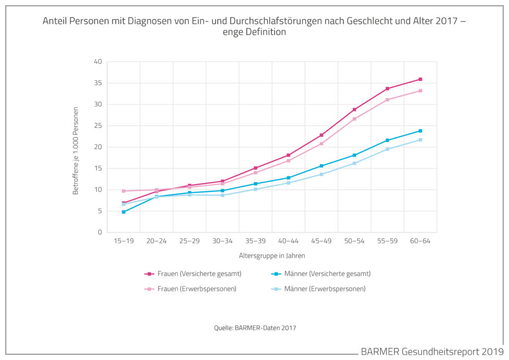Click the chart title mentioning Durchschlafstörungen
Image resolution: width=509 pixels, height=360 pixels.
254,26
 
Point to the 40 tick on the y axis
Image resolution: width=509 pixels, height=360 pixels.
97,62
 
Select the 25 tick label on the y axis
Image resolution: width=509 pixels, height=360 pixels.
97,126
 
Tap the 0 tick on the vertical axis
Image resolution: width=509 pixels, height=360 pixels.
99,232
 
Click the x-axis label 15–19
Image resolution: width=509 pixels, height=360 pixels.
124,241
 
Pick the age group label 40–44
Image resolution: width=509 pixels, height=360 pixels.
288,241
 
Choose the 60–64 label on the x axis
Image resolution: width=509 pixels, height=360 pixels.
421,241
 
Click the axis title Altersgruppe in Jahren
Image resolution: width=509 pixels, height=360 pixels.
271,256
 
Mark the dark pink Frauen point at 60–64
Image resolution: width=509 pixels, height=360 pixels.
421,79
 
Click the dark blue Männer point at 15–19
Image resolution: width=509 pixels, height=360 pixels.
124,212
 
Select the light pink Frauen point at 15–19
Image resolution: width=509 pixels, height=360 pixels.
124,191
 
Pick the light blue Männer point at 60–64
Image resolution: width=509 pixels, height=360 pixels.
421,140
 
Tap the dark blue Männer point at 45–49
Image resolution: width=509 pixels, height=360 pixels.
322,166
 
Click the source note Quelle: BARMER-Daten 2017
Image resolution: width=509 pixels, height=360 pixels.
255,328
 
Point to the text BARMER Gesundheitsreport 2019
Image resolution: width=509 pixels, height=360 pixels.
432,352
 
